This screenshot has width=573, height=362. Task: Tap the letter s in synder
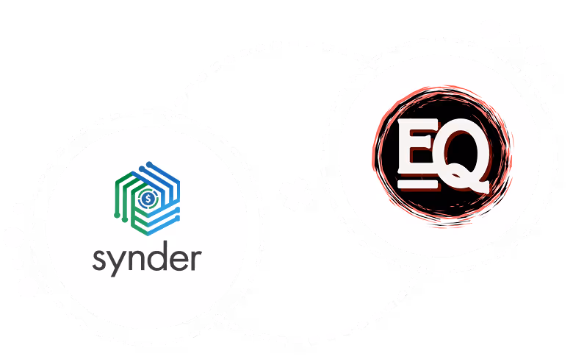tap(100, 260)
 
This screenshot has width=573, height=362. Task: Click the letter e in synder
tap(179, 260)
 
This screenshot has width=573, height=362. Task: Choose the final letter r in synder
tap(196, 260)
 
